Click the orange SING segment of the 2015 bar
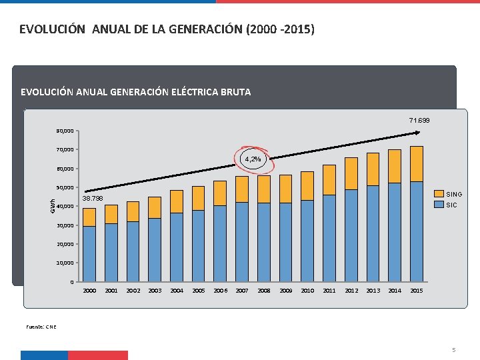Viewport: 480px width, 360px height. (417, 164)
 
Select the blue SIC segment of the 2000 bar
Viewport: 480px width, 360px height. (89, 253)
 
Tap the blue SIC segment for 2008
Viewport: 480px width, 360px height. (264, 241)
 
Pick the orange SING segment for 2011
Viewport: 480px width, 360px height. (329, 180)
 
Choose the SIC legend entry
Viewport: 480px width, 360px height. (451, 205)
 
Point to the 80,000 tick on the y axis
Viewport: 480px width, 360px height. (65, 131)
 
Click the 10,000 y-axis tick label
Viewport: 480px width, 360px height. (65, 263)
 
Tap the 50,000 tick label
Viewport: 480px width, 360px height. (65, 187)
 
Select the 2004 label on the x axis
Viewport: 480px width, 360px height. (176, 291)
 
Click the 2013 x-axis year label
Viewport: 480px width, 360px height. (373, 291)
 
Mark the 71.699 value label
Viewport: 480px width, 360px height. (419, 120)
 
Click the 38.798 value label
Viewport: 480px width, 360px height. (92, 199)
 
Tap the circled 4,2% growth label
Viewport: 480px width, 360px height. (253, 160)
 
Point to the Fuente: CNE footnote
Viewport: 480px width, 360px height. (41, 327)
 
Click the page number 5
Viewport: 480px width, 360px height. (453, 350)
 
